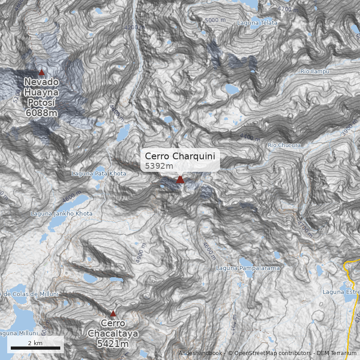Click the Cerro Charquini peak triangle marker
(180, 180)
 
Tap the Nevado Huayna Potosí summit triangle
(41, 72)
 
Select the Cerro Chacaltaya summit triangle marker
(113, 314)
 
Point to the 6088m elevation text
(41, 112)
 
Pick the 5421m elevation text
(113, 344)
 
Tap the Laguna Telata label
(257, 22)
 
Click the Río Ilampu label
(315, 72)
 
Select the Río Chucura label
(283, 145)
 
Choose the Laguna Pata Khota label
(99, 174)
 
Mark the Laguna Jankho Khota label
(62, 213)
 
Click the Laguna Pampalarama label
(248, 268)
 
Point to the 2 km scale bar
(36, 348)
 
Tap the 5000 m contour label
(216, 20)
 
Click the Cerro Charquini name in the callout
(180, 156)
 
